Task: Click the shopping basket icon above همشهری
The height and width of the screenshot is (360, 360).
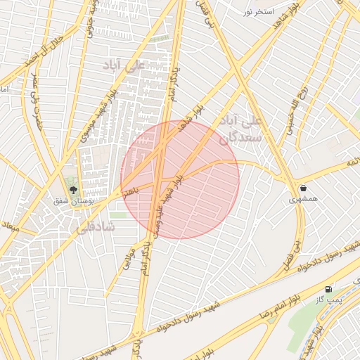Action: [303, 188]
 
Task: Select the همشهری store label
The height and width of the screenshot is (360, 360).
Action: [303, 200]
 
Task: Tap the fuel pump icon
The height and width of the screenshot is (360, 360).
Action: [328, 289]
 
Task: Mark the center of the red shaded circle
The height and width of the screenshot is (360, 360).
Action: [180, 180]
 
